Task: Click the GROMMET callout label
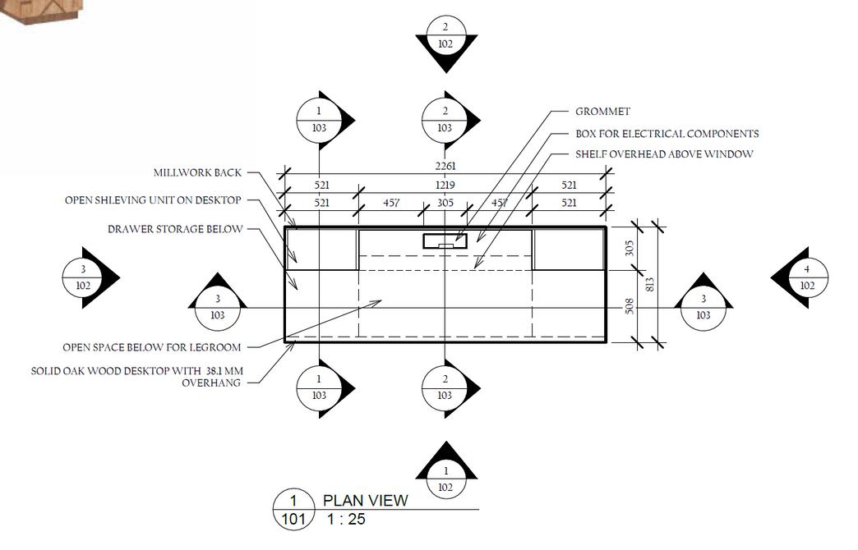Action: point(602,112)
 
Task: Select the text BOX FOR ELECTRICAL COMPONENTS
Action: point(667,134)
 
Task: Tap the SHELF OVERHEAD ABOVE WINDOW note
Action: point(663,154)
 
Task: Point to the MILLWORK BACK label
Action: point(197,173)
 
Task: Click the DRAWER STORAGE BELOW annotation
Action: point(175,229)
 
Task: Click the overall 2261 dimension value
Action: point(445,167)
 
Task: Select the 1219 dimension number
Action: point(445,186)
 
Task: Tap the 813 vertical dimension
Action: point(649,284)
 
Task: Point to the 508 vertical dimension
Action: point(630,306)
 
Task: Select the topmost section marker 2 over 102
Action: point(445,36)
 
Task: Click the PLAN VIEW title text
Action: point(365,500)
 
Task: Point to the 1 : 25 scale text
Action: point(346,519)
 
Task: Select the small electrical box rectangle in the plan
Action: point(445,241)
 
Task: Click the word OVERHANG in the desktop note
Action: point(211,383)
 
